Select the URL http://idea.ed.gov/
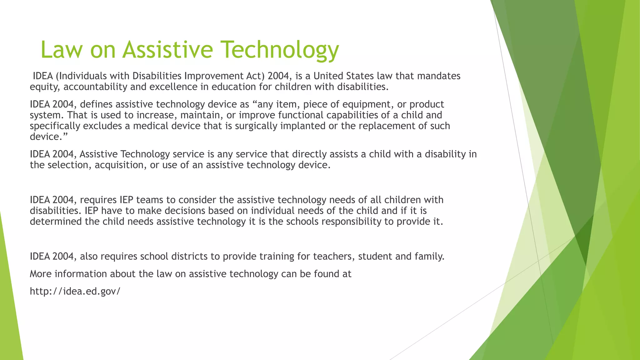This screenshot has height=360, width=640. [x=75, y=291]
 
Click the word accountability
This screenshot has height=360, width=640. [x=95, y=87]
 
